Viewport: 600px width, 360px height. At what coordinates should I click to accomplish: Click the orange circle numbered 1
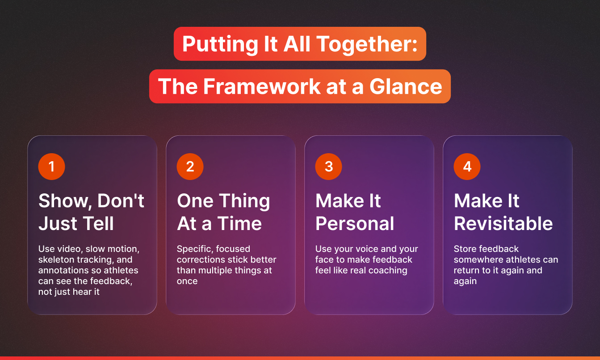(52, 167)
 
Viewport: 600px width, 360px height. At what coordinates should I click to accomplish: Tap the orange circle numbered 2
(190, 167)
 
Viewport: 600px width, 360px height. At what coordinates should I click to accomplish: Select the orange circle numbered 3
(329, 167)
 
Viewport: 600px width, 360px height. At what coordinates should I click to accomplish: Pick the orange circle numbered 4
(467, 167)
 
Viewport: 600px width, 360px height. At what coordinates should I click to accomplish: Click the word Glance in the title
(406, 86)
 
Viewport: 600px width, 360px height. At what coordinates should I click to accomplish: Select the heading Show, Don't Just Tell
(91, 212)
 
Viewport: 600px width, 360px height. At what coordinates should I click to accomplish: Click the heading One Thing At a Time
(223, 212)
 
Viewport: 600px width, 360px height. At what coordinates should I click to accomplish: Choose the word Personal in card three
(355, 223)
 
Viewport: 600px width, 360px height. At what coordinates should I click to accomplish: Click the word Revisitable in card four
(503, 223)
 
